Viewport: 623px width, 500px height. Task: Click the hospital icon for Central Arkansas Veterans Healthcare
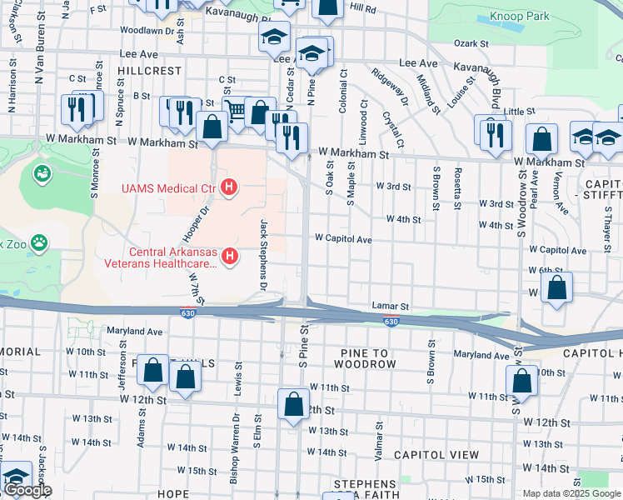coord(236,257)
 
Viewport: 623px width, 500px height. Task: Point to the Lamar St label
coord(391,306)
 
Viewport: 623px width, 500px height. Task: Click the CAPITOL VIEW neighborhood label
coord(436,455)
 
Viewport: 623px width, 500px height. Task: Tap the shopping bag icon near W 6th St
coord(557,287)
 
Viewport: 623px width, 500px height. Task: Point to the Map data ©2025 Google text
coord(571,493)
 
